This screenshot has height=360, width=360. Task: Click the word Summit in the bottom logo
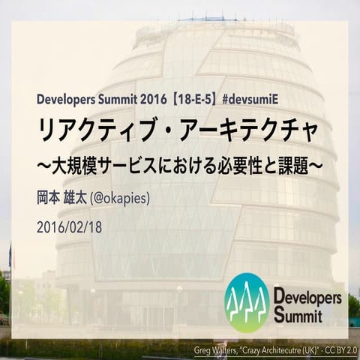tap(298, 314)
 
